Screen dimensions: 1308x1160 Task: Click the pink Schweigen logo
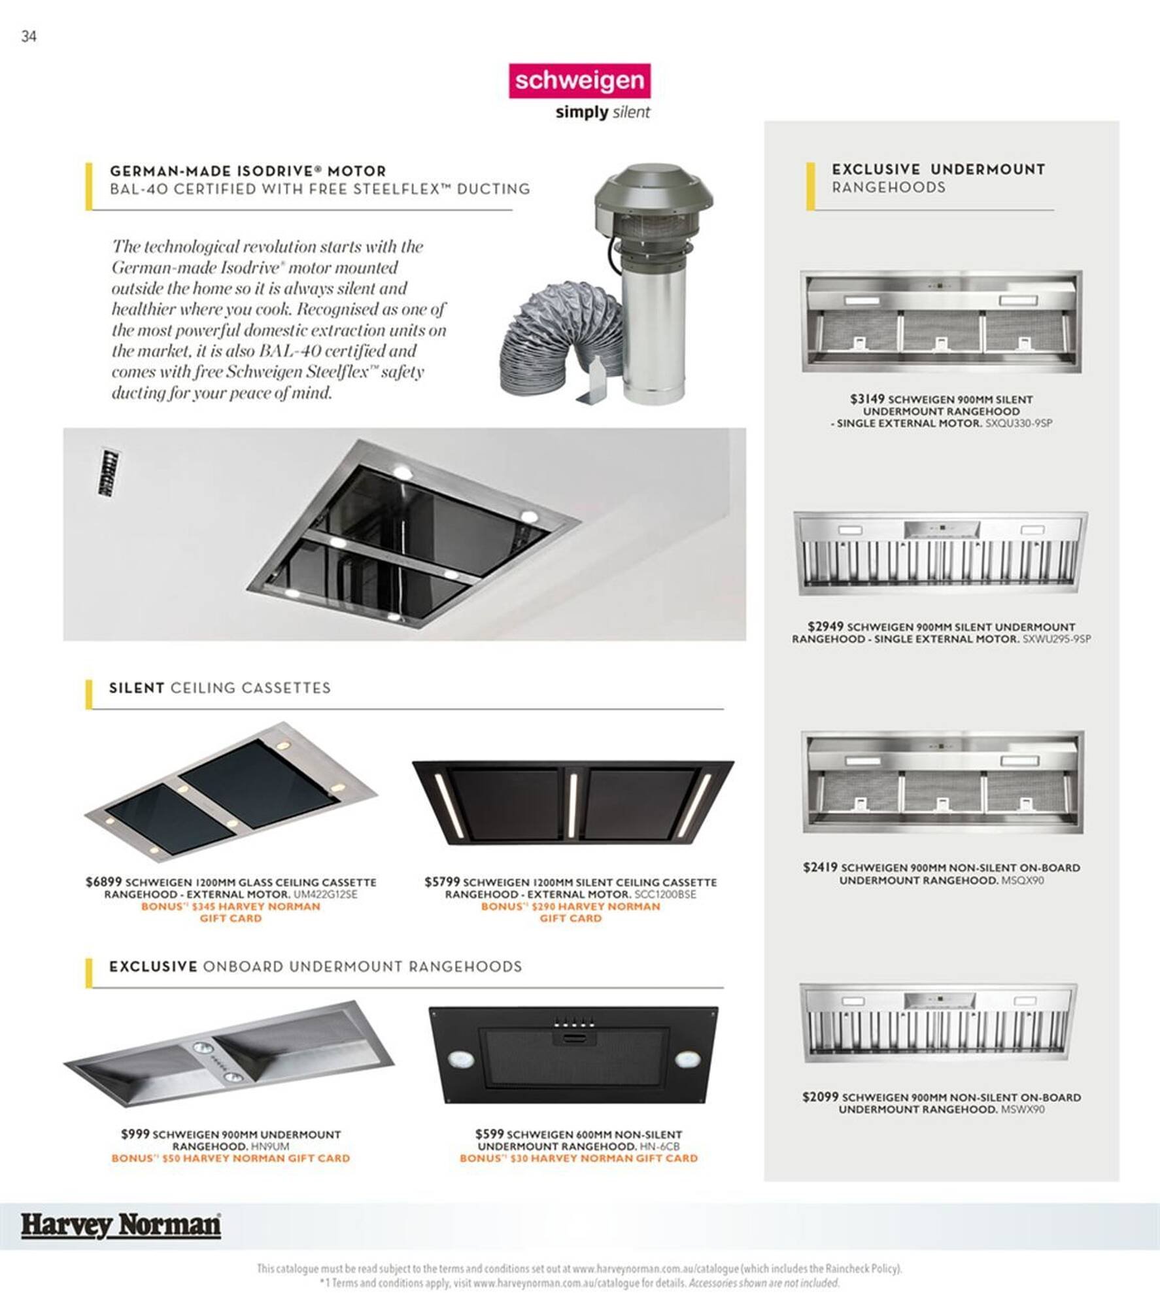(x=579, y=80)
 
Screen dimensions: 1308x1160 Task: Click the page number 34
(x=29, y=37)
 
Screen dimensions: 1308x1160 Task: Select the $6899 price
(x=103, y=882)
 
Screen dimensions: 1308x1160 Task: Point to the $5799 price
(x=442, y=882)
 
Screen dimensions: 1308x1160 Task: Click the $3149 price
(x=867, y=398)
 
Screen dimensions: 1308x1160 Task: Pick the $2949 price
(x=825, y=626)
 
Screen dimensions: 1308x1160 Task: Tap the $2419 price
(x=820, y=867)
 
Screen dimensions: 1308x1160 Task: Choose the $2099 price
(x=820, y=1097)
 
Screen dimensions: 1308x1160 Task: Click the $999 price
(x=135, y=1133)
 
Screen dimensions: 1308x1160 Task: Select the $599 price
(x=489, y=1133)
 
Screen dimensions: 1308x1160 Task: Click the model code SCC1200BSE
(x=665, y=894)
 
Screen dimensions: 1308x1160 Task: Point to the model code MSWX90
(x=1023, y=1109)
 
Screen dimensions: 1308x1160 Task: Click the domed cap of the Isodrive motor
(x=654, y=190)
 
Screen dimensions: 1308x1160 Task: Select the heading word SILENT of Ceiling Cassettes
(x=137, y=688)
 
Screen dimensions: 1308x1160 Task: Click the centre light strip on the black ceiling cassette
(x=572, y=806)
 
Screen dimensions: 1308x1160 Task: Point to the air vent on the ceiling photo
(x=108, y=472)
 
